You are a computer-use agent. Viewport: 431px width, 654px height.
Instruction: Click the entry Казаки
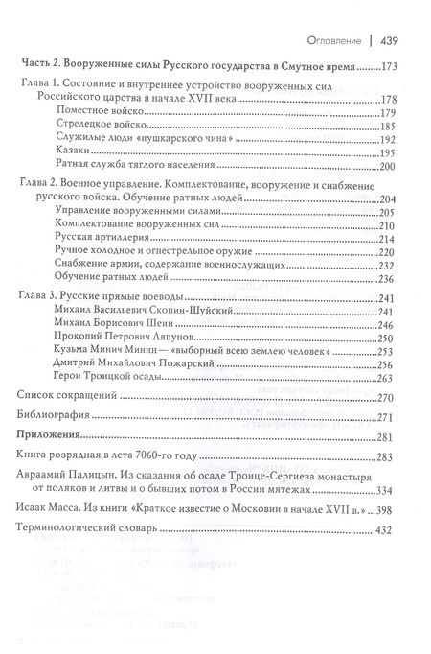(x=77, y=152)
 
